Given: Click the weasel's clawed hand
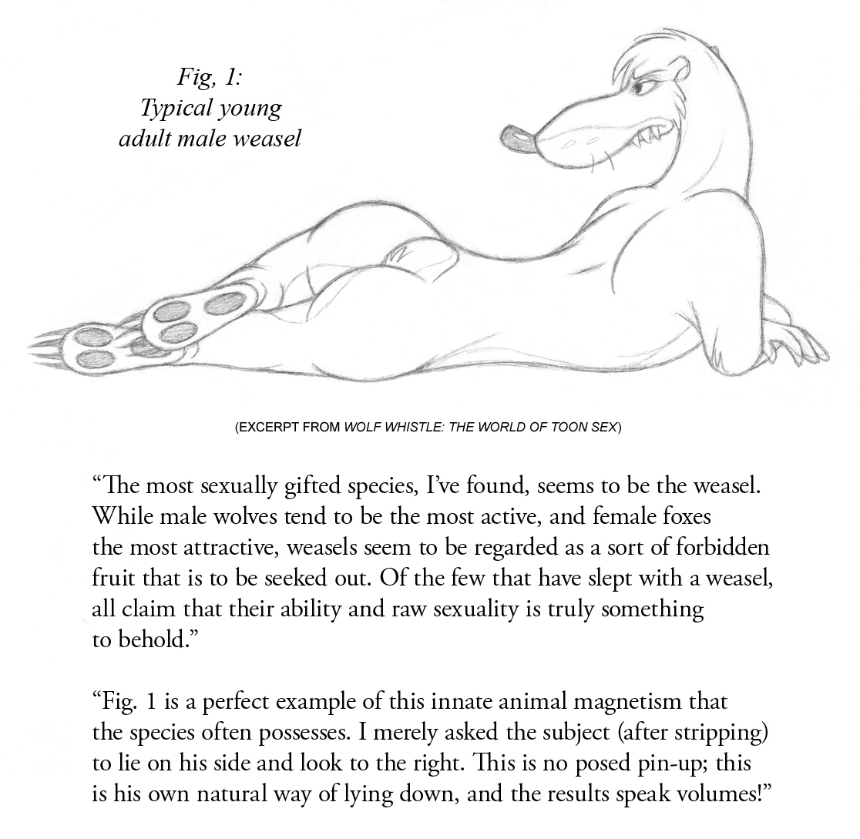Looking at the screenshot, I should coord(794,343).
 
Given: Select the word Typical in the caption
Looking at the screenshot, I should coord(167,109).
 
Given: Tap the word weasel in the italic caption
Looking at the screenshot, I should coord(270,139).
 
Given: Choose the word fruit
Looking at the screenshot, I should coord(113,578).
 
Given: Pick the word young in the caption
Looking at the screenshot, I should coord(250,109).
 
